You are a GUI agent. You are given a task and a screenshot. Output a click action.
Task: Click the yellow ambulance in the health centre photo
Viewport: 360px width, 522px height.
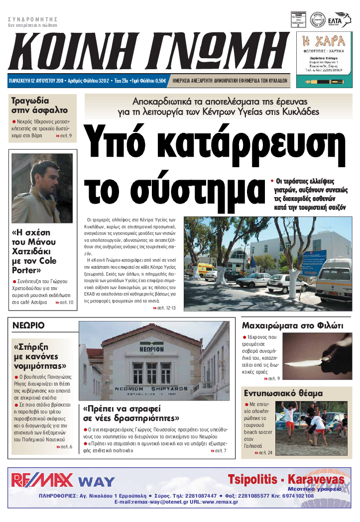pyautogui.click(x=206, y=269)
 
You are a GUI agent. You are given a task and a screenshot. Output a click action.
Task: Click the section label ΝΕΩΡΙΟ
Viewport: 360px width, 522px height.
pyautogui.click(x=28, y=325)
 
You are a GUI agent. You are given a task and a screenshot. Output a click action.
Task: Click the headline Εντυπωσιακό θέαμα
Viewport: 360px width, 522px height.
pyautogui.click(x=282, y=393)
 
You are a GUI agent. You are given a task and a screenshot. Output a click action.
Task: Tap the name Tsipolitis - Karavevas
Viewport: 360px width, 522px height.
pyautogui.click(x=286, y=479)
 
